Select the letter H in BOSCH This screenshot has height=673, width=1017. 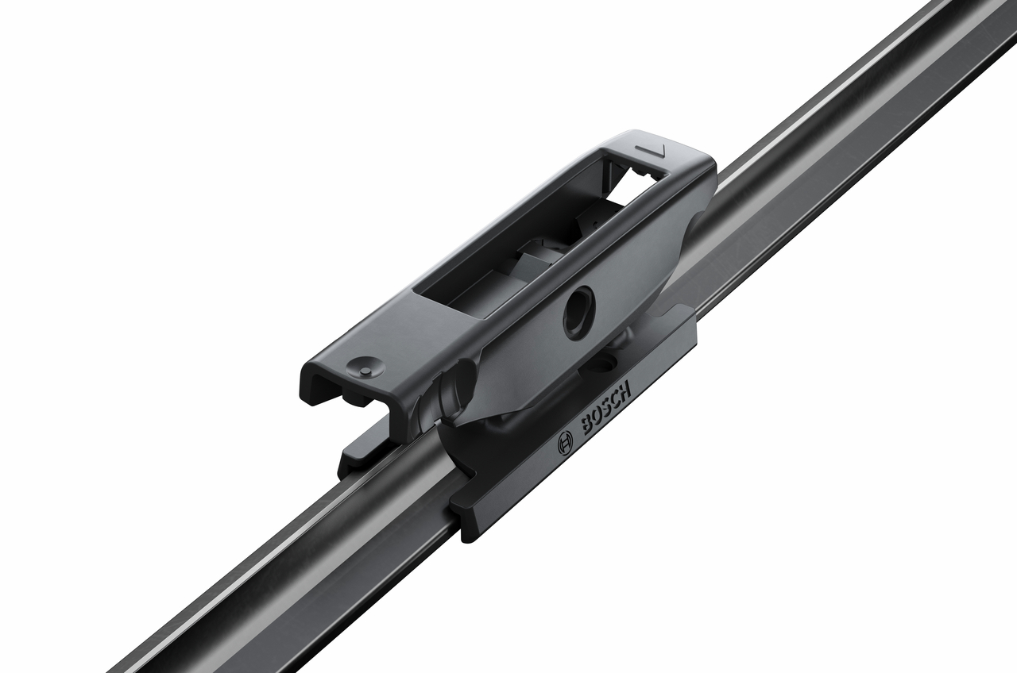(625, 389)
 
